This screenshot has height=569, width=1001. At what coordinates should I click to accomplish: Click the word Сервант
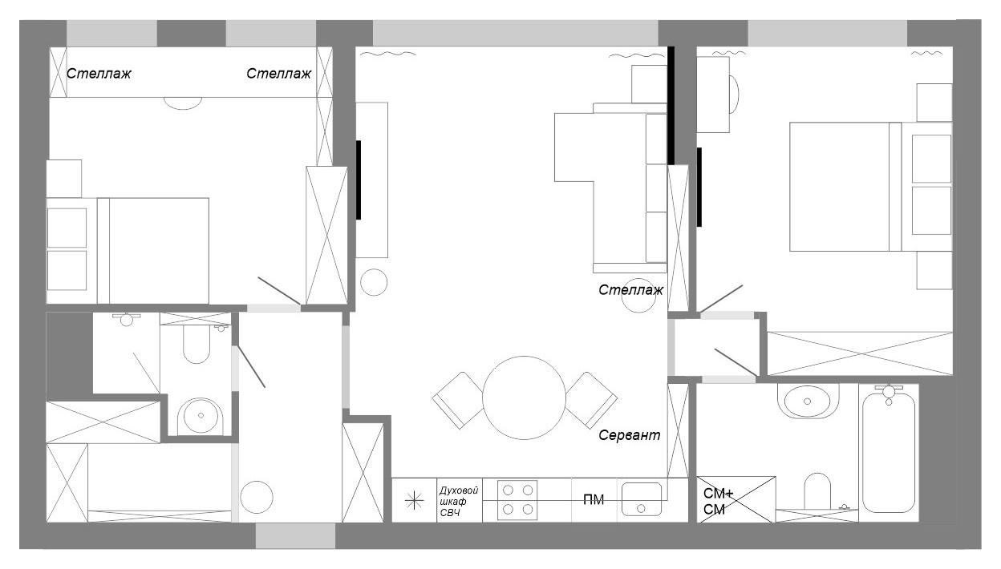[x=630, y=436]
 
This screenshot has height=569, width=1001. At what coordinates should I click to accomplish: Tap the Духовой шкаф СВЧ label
[x=459, y=501]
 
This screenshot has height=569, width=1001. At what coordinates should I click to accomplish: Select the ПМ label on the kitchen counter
[x=594, y=501]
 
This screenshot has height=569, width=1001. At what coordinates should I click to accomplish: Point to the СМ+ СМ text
[x=714, y=501]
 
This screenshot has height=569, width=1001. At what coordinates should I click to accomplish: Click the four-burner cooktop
[x=517, y=500]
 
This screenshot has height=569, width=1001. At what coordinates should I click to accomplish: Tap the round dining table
[x=525, y=397]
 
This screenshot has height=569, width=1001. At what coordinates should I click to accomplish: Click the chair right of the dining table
[x=590, y=399]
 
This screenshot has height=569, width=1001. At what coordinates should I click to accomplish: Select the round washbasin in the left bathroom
[x=197, y=415]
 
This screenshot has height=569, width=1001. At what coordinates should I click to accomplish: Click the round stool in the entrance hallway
[x=258, y=497]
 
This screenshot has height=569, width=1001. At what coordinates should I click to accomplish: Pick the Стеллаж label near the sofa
[x=631, y=290]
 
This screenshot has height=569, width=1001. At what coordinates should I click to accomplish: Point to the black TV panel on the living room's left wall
[x=359, y=179]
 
